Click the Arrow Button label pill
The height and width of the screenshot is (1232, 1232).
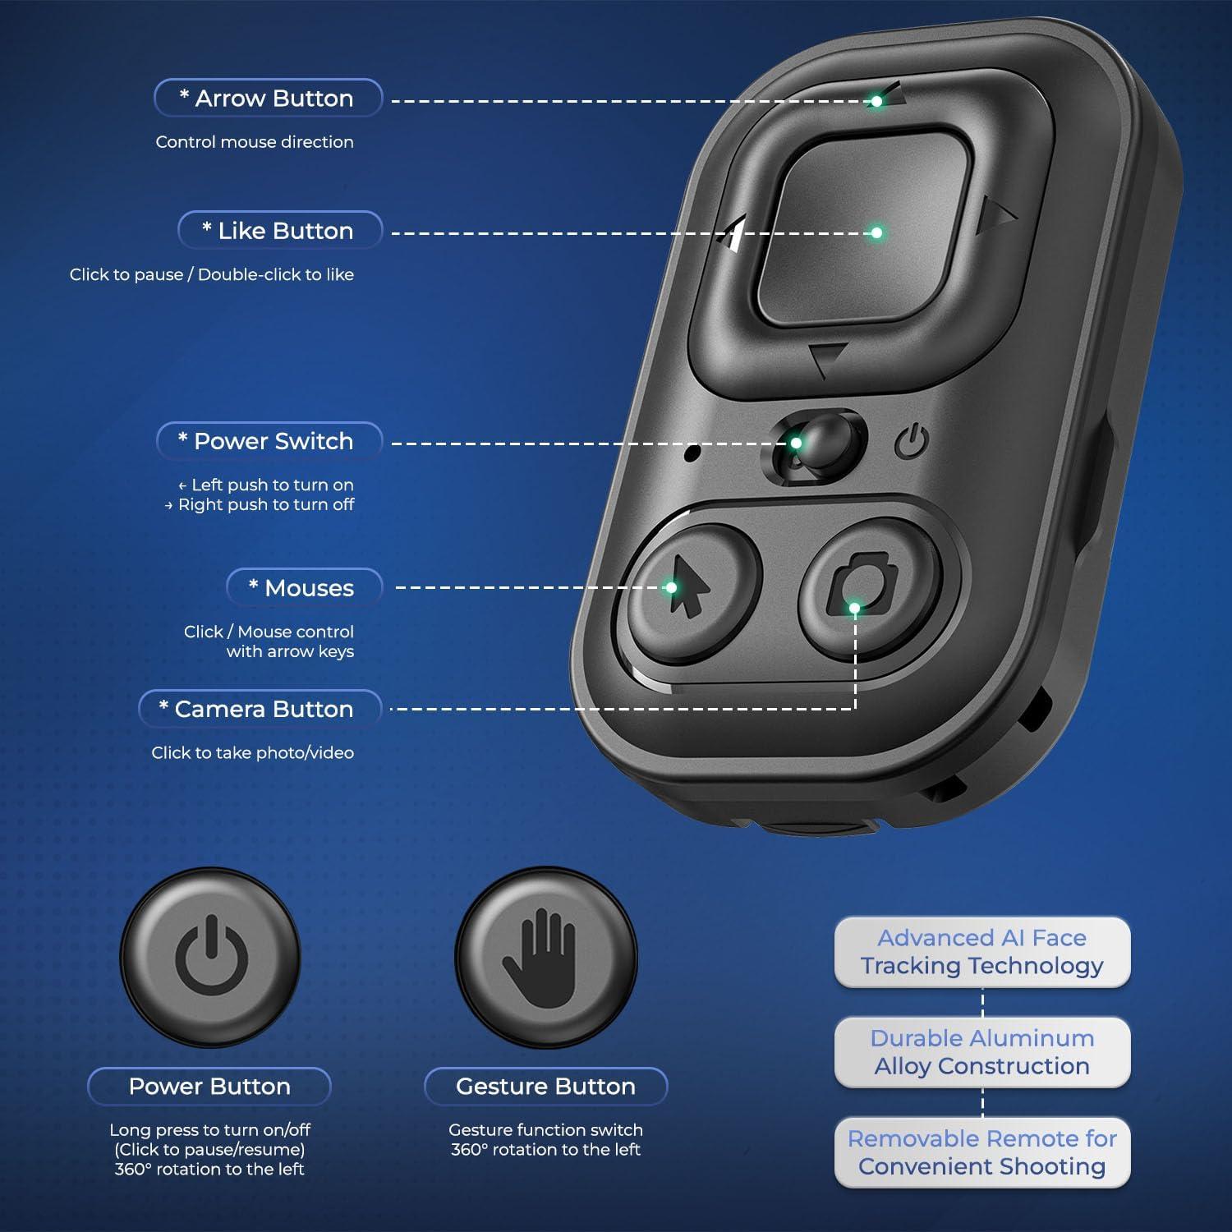pos(268,98)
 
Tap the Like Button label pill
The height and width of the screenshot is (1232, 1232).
pos(280,230)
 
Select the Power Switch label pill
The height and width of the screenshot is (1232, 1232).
pos(269,441)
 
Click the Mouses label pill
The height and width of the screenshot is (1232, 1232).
pos(304,588)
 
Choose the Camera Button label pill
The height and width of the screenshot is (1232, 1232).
pos(260,709)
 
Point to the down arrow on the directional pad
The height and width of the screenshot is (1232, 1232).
pos(827,360)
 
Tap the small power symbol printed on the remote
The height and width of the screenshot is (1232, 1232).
pos(912,442)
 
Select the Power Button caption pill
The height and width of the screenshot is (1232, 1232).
pos(209,1087)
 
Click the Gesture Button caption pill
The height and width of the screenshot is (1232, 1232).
pos(545,1087)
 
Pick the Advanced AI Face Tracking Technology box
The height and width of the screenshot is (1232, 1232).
pos(982,952)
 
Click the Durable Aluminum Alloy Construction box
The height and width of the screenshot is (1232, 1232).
pos(982,1052)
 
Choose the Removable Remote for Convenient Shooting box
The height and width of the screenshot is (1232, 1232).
pos(982,1152)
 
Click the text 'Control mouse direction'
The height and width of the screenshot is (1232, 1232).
pos(255,142)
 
